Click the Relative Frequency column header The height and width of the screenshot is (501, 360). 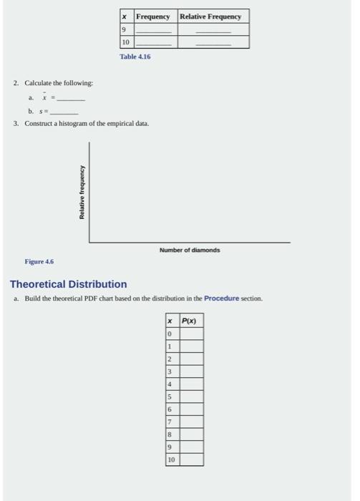[x=213, y=16]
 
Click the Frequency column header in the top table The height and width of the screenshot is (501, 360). [x=153, y=16]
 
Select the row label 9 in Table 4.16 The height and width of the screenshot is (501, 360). [x=125, y=30]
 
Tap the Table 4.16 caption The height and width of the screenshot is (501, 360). [x=135, y=56]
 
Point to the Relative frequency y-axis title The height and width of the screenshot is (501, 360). [x=82, y=193]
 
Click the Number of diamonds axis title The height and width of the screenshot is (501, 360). [x=190, y=250]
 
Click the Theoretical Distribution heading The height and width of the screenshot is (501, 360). [x=68, y=284]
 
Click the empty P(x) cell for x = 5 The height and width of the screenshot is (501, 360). [x=191, y=397]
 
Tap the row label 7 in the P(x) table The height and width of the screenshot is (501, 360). [x=170, y=422]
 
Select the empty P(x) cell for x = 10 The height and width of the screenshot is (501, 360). [x=191, y=459]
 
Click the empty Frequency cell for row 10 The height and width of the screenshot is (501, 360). [x=153, y=43]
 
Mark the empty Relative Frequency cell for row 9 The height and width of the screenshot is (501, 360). [x=213, y=30]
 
